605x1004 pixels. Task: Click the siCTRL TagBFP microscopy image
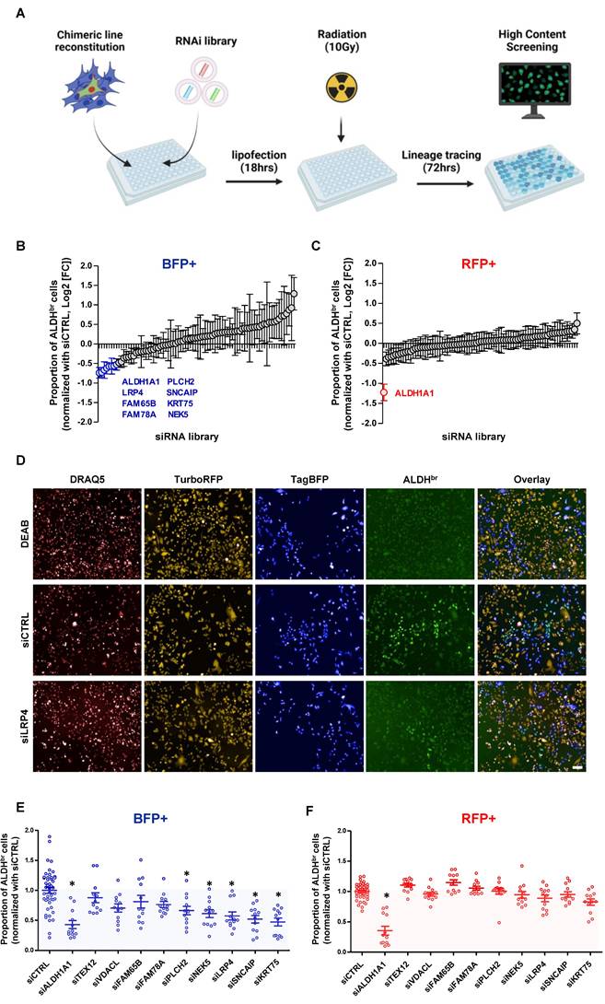click(308, 619)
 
